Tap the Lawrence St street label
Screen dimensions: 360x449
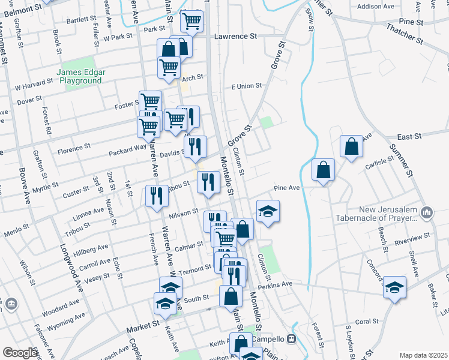coord(237,36)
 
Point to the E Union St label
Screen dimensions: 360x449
coord(247,86)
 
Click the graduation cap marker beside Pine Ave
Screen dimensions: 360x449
coord(268,211)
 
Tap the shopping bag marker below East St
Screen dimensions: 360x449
coord(351,147)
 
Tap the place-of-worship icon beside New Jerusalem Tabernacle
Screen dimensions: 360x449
coord(427,212)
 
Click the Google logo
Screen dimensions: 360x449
coord(20,353)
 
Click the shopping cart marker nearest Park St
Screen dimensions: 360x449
coord(191,21)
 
